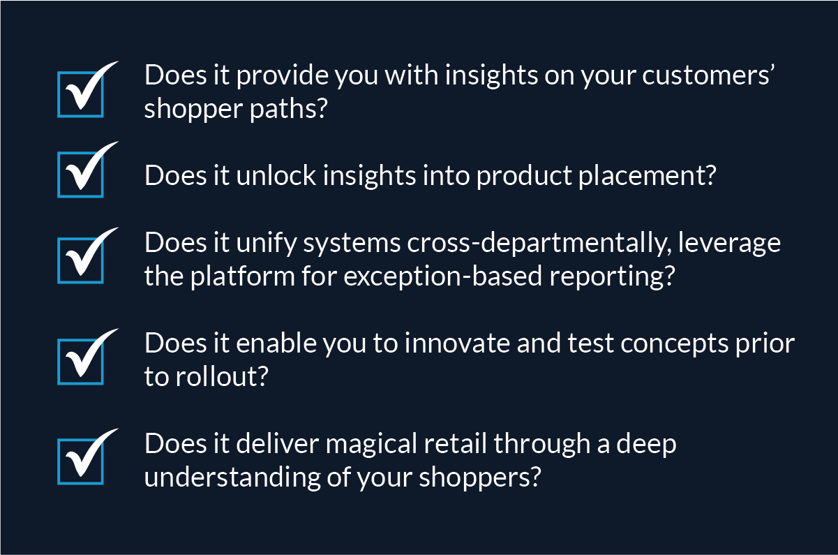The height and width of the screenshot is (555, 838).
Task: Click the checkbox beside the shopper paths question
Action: click(80, 93)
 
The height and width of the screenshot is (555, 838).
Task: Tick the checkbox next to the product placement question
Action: click(80, 174)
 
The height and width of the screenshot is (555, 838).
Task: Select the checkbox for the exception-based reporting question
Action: click(80, 260)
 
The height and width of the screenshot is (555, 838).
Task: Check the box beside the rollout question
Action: click(80, 360)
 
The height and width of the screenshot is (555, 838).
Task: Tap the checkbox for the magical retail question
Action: click(80, 460)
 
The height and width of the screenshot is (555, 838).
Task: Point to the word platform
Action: click(239, 276)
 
